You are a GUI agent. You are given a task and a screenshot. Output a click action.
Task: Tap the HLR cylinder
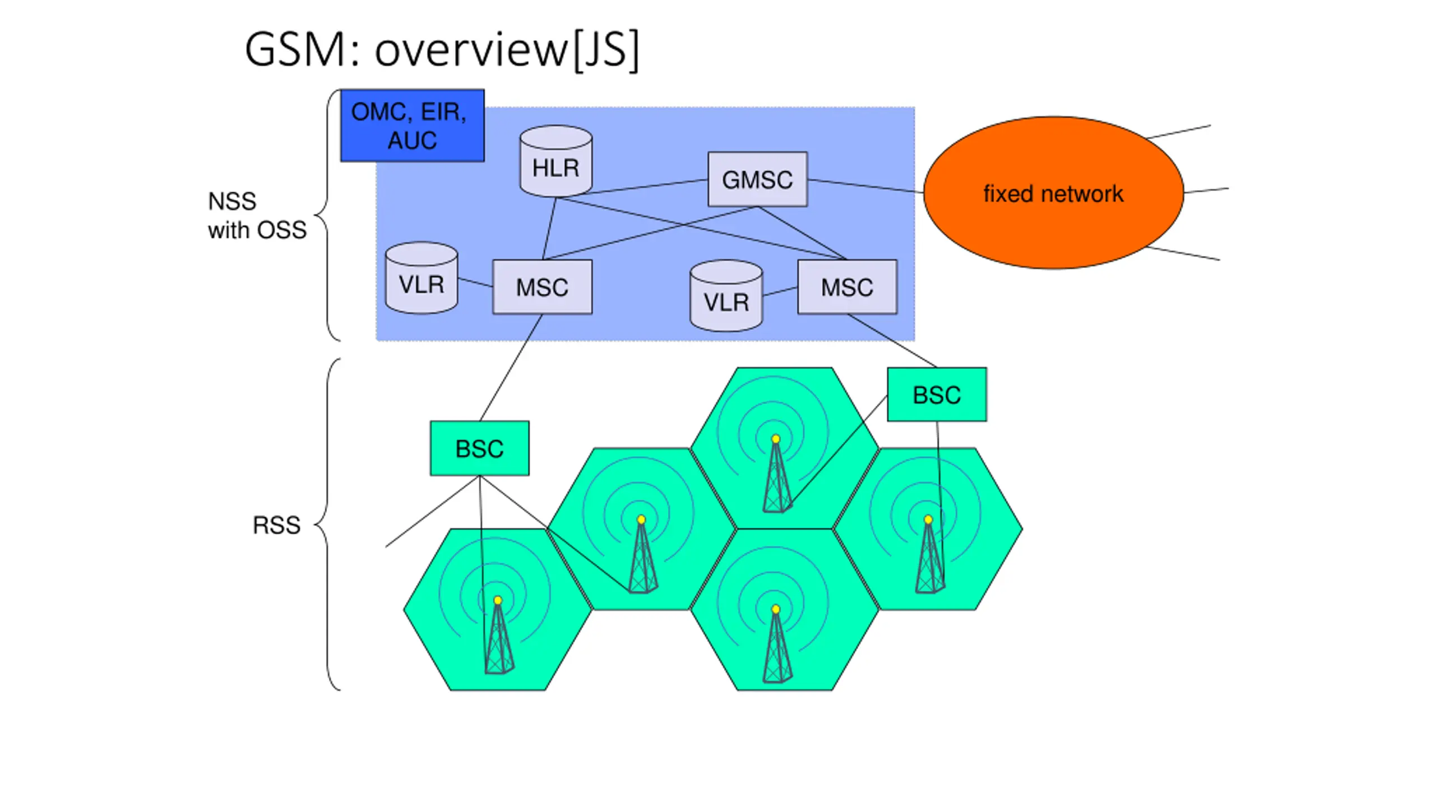(556, 161)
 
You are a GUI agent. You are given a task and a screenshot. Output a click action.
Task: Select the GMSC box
(757, 179)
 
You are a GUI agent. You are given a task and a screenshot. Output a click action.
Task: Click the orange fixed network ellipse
(1053, 193)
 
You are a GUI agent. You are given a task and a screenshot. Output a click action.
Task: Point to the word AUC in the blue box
(412, 140)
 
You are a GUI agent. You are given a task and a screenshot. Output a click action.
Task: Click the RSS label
(276, 525)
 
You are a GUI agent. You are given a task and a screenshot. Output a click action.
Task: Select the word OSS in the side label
(282, 230)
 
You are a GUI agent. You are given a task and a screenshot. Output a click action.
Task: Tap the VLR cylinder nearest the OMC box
(422, 278)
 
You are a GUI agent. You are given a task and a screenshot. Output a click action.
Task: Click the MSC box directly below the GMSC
(847, 287)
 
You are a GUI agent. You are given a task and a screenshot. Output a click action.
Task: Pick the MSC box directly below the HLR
(542, 287)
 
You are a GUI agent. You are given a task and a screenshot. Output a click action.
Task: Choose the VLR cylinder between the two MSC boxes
(726, 296)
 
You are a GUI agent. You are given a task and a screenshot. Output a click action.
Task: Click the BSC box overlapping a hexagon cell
(937, 395)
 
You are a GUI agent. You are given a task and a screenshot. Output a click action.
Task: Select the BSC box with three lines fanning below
(479, 448)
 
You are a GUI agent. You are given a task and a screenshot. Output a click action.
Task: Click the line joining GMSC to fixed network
(865, 186)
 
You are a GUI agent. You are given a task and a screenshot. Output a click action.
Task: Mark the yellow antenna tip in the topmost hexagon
(776, 439)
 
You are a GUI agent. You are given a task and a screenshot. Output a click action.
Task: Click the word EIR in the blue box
(443, 112)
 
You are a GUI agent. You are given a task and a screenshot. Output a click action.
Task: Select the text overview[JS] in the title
(507, 50)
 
